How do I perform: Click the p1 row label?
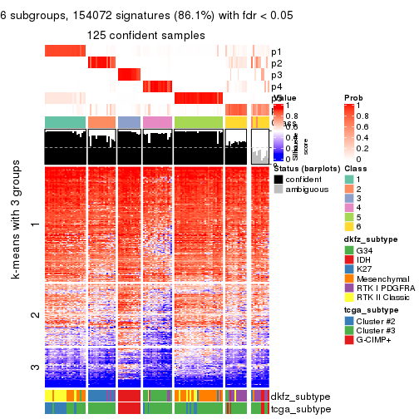(x=277, y=52)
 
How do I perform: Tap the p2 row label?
(x=277, y=63)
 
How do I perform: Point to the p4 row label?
(x=277, y=86)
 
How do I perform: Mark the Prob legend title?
(x=354, y=98)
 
